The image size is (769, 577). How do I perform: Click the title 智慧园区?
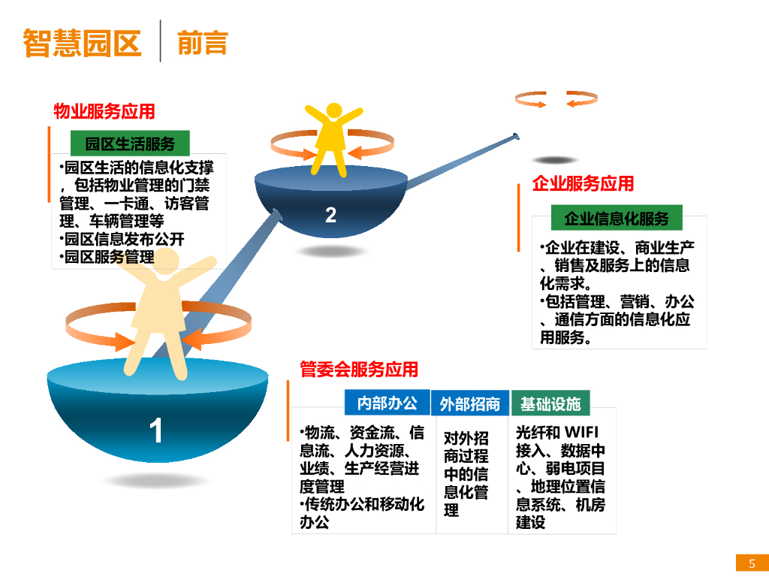pyautogui.click(x=82, y=43)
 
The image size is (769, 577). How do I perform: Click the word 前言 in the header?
pyautogui.click(x=202, y=43)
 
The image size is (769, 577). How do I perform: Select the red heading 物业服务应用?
pyautogui.click(x=104, y=112)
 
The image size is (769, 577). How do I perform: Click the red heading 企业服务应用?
pyautogui.click(x=583, y=183)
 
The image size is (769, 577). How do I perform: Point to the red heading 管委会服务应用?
pyautogui.click(x=359, y=370)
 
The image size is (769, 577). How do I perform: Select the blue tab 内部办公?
pyautogui.click(x=387, y=403)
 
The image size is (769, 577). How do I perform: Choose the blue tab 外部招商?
pyautogui.click(x=470, y=404)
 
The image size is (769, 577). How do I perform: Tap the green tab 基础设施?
pyautogui.click(x=550, y=404)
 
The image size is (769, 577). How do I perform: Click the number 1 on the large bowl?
pyautogui.click(x=156, y=431)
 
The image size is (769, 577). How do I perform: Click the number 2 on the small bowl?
pyautogui.click(x=330, y=216)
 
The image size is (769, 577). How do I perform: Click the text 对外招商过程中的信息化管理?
pyautogui.click(x=466, y=474)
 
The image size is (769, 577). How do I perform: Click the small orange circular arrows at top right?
pyautogui.click(x=541, y=99)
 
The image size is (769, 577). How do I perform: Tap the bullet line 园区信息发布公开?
pyautogui.click(x=124, y=240)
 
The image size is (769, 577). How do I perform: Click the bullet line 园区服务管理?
pyautogui.click(x=109, y=258)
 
